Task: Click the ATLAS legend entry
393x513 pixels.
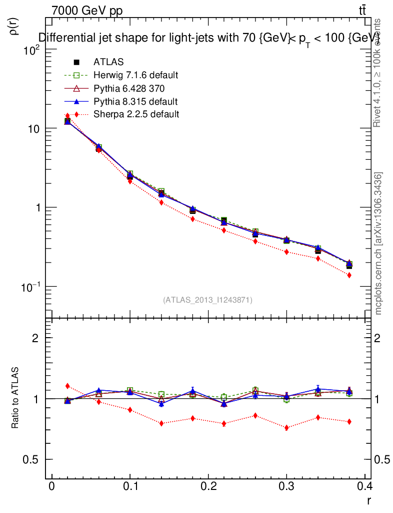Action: [x=108, y=62]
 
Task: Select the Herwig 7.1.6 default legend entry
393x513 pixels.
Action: [x=135, y=75]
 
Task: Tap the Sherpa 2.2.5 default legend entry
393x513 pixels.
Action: [x=136, y=114]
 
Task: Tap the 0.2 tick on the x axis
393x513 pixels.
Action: [x=209, y=486]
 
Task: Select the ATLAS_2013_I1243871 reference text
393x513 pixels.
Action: [x=207, y=300]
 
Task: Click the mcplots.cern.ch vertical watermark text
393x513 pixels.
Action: [x=379, y=243]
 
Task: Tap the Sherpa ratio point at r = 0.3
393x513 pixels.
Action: [x=286, y=428]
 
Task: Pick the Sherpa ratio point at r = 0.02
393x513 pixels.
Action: [x=67, y=386]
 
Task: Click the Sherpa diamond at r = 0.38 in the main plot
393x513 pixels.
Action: [x=349, y=276]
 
